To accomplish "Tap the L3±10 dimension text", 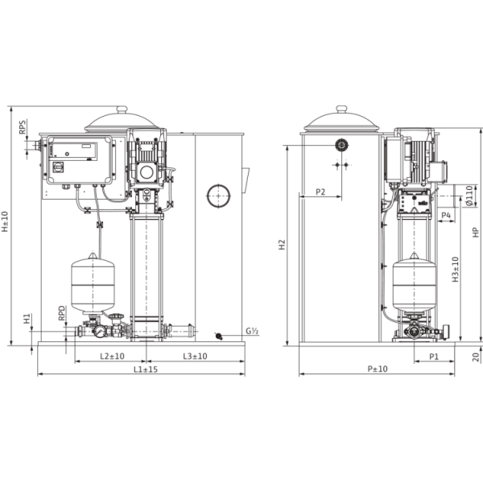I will point(194,355).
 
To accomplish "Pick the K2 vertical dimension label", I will point(283,242).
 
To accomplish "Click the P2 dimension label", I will point(320,192).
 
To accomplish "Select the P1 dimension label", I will point(432,355).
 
